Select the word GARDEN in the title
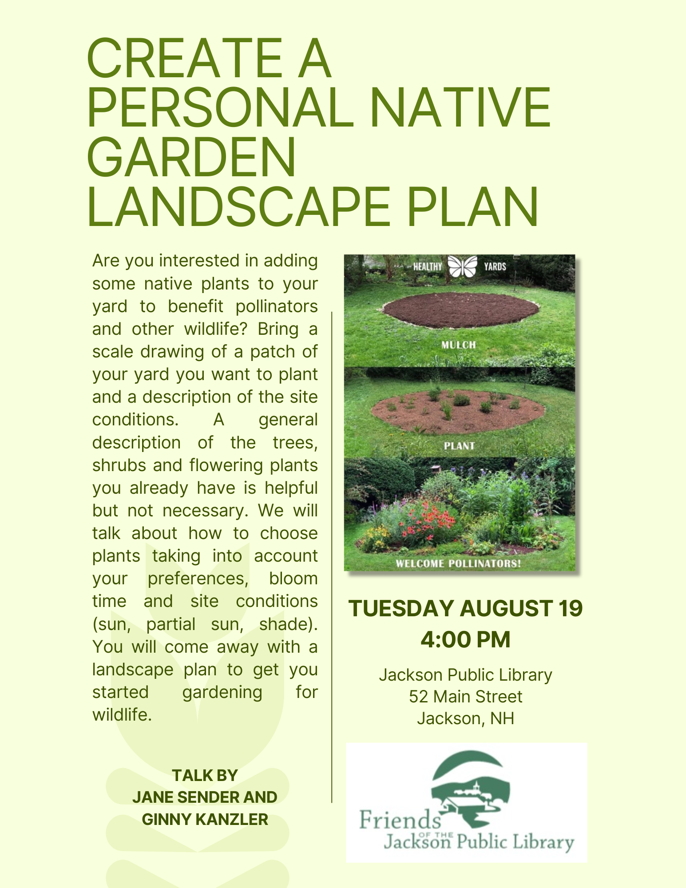tap(191, 157)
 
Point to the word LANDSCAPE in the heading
tap(238, 207)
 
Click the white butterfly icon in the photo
tap(463, 266)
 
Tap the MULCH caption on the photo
tap(459, 345)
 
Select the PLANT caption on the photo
tap(459, 446)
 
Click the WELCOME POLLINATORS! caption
tap(458, 563)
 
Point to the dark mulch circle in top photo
tap(460, 310)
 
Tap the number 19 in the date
tap(571, 608)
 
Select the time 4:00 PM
tap(465, 640)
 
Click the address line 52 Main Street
tap(465, 697)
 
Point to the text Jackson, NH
tap(465, 718)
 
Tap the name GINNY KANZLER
tap(205, 820)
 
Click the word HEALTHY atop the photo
tap(428, 266)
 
